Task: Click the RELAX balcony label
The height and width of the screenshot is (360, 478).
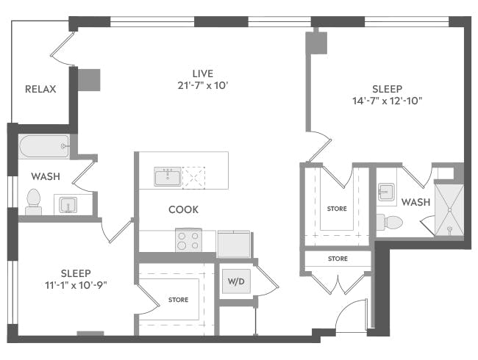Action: [x=40, y=90]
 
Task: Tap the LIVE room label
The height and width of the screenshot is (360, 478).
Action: [x=203, y=73]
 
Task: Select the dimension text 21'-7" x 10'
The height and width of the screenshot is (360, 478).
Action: [x=203, y=85]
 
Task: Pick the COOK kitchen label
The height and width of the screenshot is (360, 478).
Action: [x=183, y=209]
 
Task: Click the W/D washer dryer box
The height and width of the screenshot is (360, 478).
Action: [x=235, y=281]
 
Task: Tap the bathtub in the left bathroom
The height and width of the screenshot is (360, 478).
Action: [x=44, y=146]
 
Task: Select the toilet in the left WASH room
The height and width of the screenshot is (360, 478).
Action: [x=33, y=201]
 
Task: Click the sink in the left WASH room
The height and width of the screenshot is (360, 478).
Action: [x=68, y=205]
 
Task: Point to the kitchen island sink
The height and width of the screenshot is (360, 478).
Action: [x=168, y=176]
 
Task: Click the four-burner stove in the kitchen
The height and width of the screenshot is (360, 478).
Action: [x=188, y=240]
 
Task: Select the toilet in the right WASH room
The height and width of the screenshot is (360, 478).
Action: [x=390, y=222]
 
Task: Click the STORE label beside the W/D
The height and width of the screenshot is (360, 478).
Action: [x=177, y=300]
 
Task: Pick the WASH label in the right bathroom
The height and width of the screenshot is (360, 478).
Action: [x=415, y=201]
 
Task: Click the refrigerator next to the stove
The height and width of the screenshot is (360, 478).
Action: [x=234, y=242]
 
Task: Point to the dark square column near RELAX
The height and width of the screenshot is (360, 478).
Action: [x=90, y=79]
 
